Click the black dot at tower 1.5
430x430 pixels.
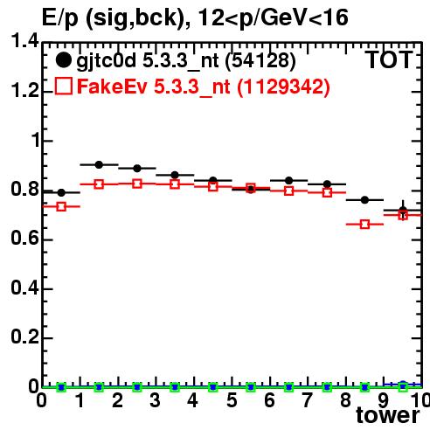tap(99, 164)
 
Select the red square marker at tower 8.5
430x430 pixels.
tap(364, 225)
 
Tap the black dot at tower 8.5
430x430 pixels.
tap(364, 200)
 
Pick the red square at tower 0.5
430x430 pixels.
tap(61, 206)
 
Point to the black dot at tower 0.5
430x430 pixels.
tap(61, 192)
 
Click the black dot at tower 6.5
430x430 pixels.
tap(288, 181)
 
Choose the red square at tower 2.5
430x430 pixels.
tap(137, 184)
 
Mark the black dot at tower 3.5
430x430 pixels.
tap(175, 175)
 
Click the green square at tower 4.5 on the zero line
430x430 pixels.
tap(213, 387)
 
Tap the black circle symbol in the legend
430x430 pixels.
tap(63, 60)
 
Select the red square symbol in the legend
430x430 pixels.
tap(64, 87)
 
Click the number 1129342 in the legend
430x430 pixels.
tap(283, 87)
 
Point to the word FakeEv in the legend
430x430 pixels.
tap(112, 87)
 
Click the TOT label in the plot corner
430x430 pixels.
tap(389, 59)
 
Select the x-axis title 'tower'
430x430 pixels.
tap(388, 415)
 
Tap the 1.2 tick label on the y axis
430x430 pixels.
tap(24, 92)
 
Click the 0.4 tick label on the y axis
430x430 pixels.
tap(24, 288)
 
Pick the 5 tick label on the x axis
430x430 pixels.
tap(232, 400)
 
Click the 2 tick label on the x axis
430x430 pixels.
tap(117, 400)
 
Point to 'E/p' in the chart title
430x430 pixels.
tap(60, 18)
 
